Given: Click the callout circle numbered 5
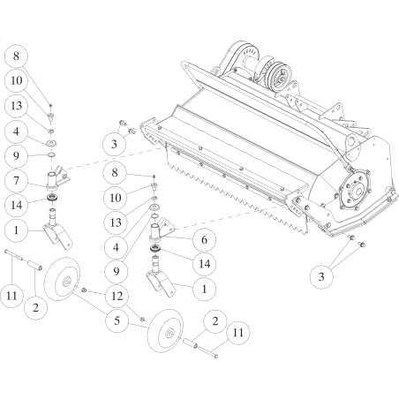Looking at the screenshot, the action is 117,320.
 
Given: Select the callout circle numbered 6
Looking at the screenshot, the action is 204,240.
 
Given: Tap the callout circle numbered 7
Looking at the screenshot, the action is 16,180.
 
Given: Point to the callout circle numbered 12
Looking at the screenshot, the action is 117,296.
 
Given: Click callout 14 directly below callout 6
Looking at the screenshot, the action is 204,264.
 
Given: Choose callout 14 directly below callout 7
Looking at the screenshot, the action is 16,205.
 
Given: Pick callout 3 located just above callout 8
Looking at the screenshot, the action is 114,144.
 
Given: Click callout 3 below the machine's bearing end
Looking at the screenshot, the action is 321,276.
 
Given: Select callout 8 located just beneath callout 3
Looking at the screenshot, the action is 115,172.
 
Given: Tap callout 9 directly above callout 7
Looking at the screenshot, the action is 16,155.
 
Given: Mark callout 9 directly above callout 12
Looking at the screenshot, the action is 116,271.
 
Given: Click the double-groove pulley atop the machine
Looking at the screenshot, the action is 281,76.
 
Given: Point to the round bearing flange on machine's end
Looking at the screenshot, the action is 355,191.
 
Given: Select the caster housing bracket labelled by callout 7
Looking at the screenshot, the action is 57,177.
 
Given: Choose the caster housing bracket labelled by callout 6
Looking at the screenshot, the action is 162,230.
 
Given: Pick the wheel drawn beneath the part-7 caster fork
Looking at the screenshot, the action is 62,279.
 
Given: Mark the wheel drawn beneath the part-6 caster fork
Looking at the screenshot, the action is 165,331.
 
